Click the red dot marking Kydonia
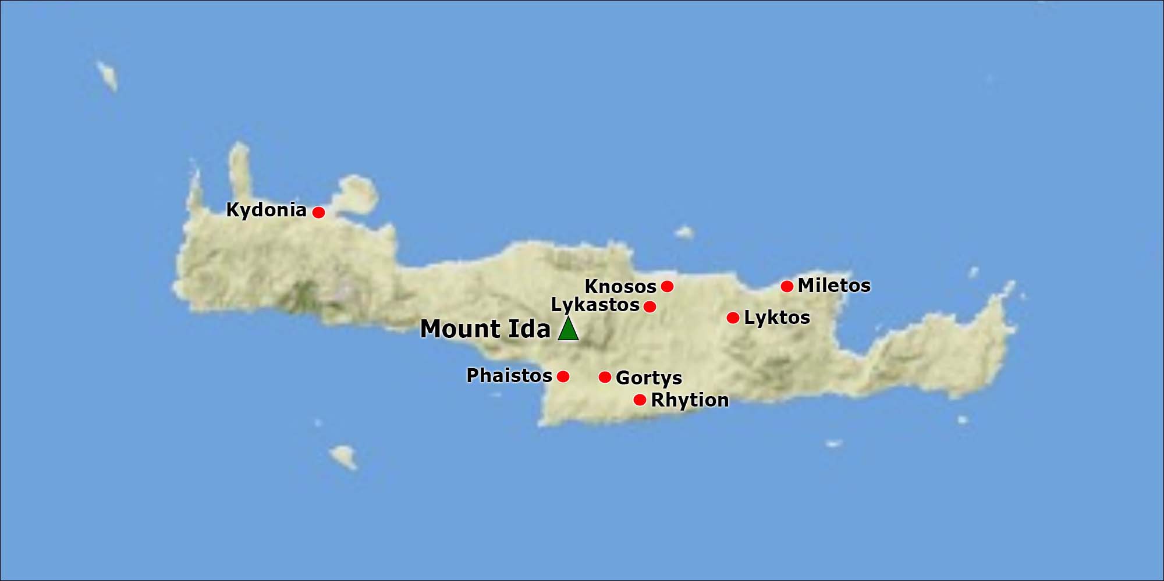pyautogui.click(x=318, y=212)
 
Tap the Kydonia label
pyautogui.click(x=266, y=210)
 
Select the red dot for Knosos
pyautogui.click(x=668, y=286)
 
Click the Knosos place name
pyautogui.click(x=620, y=287)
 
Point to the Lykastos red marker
pyautogui.click(x=650, y=306)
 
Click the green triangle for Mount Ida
pyautogui.click(x=568, y=330)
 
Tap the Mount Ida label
pyautogui.click(x=485, y=329)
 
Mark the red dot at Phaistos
pyautogui.click(x=563, y=376)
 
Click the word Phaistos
pyautogui.click(x=509, y=376)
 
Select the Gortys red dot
pyautogui.click(x=605, y=377)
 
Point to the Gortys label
pyautogui.click(x=648, y=378)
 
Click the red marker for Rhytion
pyautogui.click(x=640, y=400)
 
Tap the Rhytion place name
pyautogui.click(x=690, y=400)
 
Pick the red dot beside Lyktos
pyautogui.click(x=733, y=318)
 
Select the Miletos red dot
pyautogui.click(x=787, y=286)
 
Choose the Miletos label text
pyautogui.click(x=834, y=286)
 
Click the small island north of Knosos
pyautogui.click(x=684, y=233)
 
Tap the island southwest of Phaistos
pyautogui.click(x=343, y=457)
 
